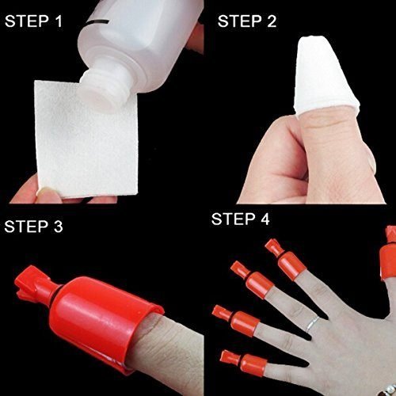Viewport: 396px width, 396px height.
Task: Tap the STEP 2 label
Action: (x=248, y=20)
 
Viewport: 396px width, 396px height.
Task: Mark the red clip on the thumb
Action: (x=390, y=238)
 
